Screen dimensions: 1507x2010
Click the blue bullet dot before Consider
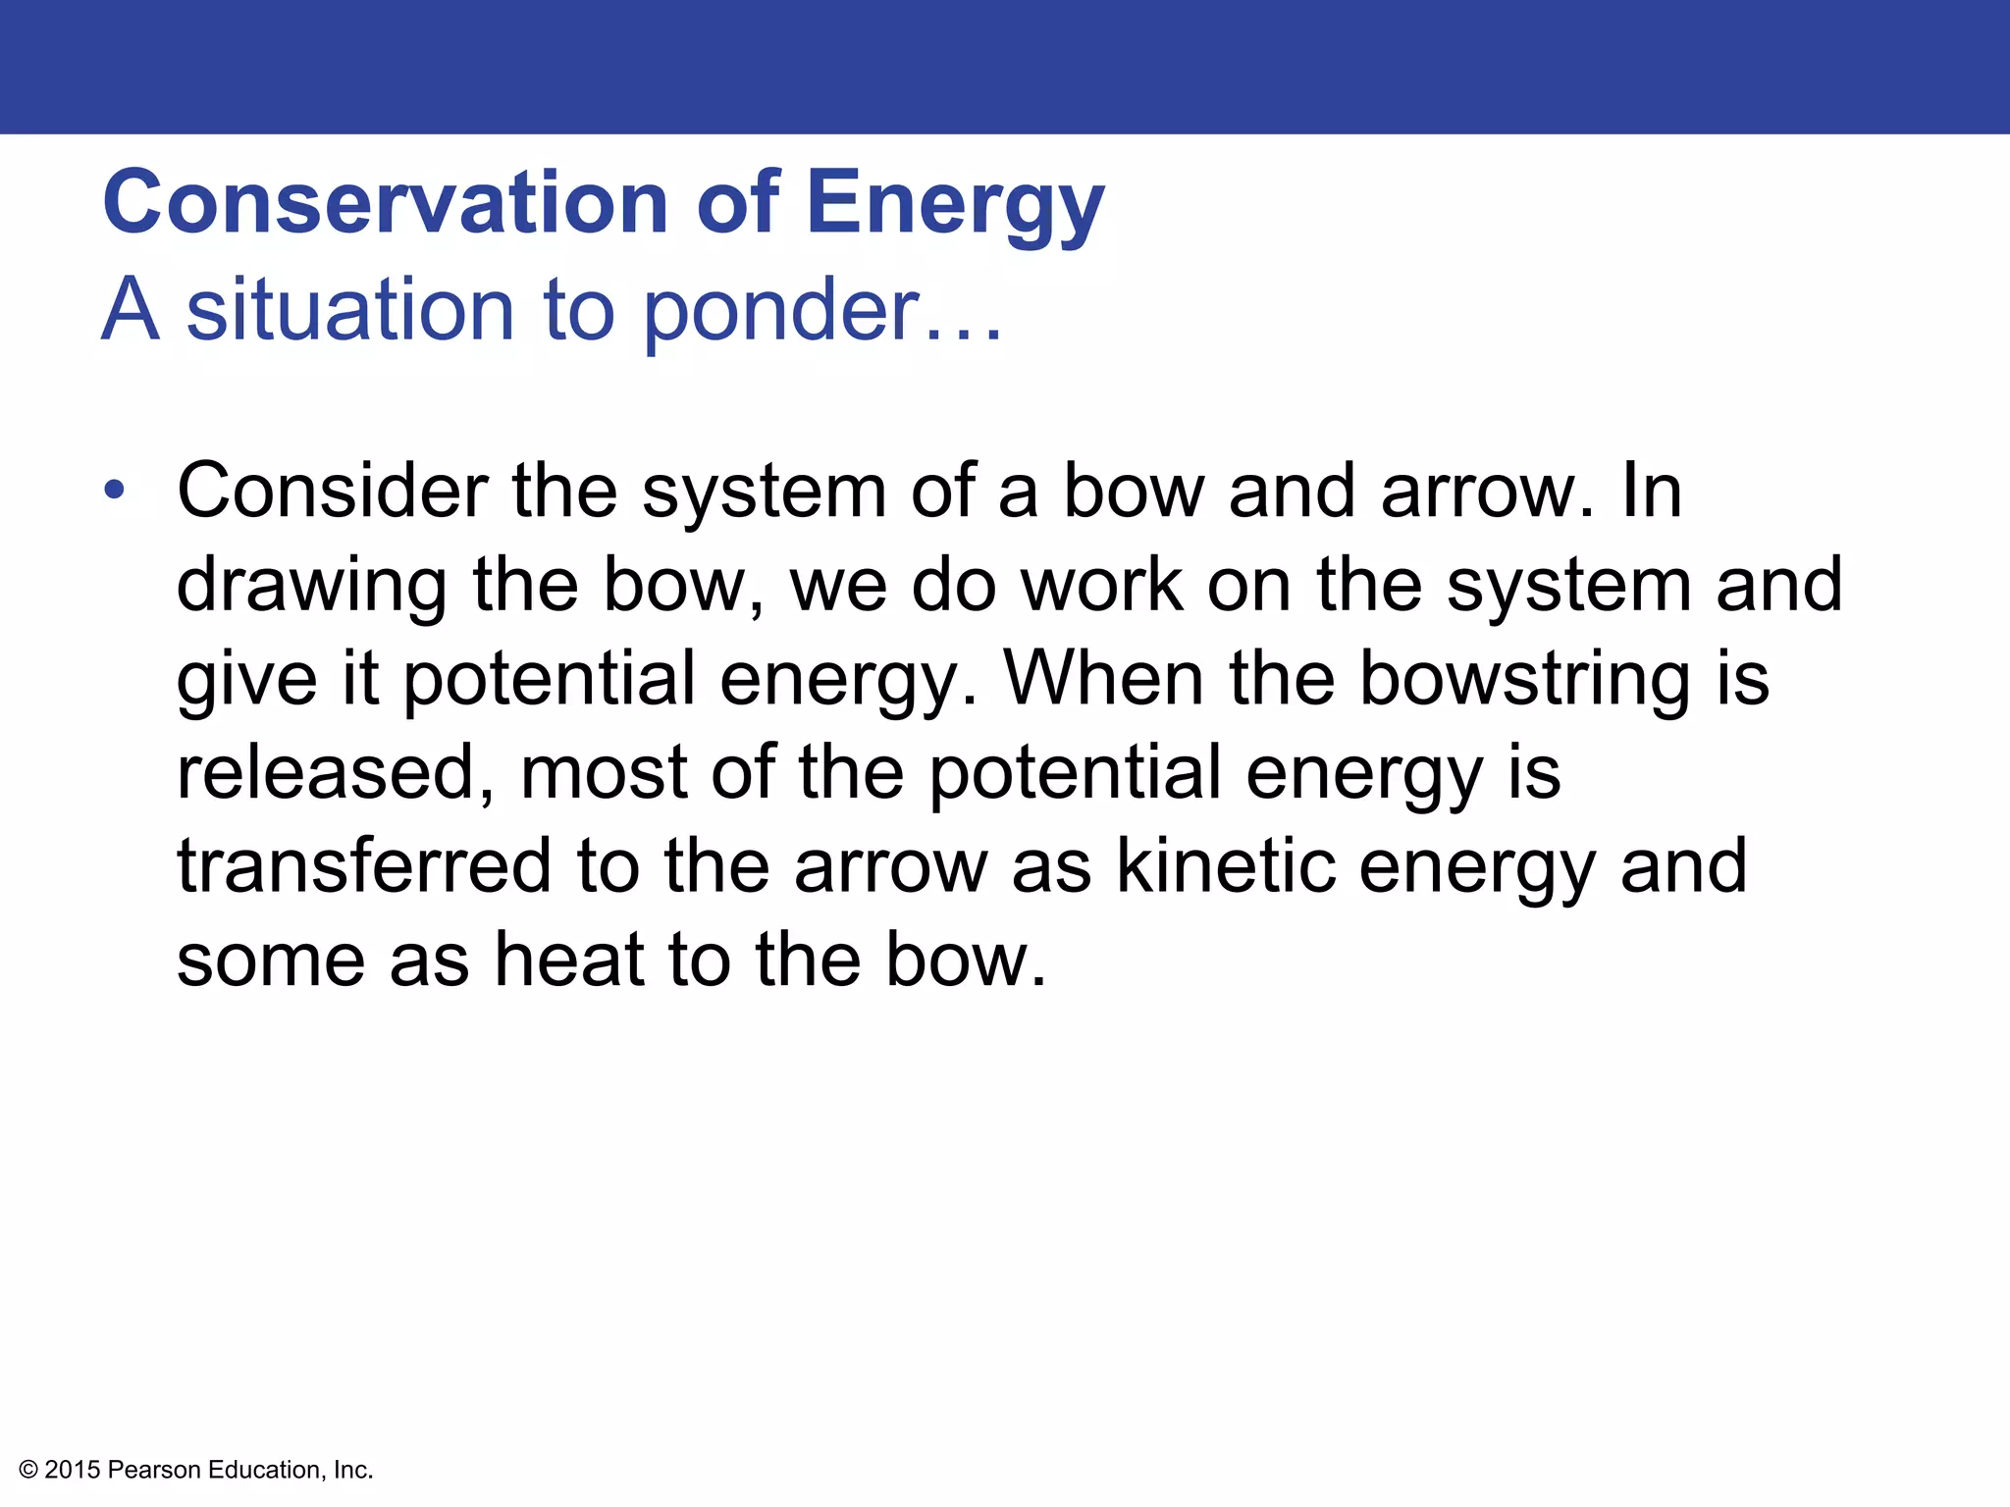tap(115, 490)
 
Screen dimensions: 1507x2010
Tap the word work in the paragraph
tap(1101, 585)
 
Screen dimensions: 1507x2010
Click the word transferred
tap(364, 866)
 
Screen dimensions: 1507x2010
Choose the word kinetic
tap(1226, 866)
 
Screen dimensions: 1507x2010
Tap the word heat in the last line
tap(569, 960)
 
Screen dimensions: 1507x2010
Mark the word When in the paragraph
tap(1103, 678)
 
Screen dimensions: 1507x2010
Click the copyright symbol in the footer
tap(28, 1470)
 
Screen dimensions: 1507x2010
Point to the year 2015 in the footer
tap(73, 1470)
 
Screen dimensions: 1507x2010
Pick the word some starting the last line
tap(271, 960)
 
